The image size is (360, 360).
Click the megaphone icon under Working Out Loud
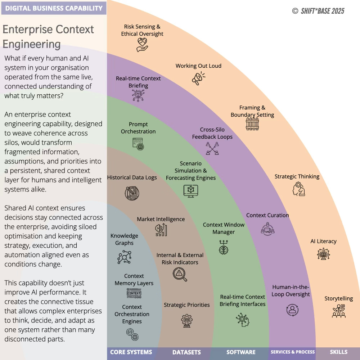(x=198, y=78)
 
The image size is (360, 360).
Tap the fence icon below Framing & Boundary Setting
(x=252, y=123)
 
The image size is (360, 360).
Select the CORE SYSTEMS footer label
(x=131, y=352)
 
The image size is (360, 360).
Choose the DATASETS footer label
(x=186, y=352)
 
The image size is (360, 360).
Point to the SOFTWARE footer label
(x=241, y=352)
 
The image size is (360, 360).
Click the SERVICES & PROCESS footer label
(x=293, y=352)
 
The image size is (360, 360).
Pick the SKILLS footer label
(x=338, y=352)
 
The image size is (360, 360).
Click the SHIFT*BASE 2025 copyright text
(x=318, y=11)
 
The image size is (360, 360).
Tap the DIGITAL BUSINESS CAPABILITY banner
(x=54, y=8)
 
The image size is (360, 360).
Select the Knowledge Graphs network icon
(x=125, y=257)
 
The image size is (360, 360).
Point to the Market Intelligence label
(x=161, y=219)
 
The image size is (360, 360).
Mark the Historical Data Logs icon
(x=132, y=193)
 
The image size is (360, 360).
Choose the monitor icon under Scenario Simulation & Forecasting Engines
(x=190, y=191)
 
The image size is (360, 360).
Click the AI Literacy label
(x=323, y=241)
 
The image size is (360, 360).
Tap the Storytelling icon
(x=339, y=311)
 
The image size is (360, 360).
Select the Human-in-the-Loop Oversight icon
(x=292, y=310)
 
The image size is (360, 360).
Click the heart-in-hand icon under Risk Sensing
(x=142, y=45)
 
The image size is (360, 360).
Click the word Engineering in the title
(x=32, y=44)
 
